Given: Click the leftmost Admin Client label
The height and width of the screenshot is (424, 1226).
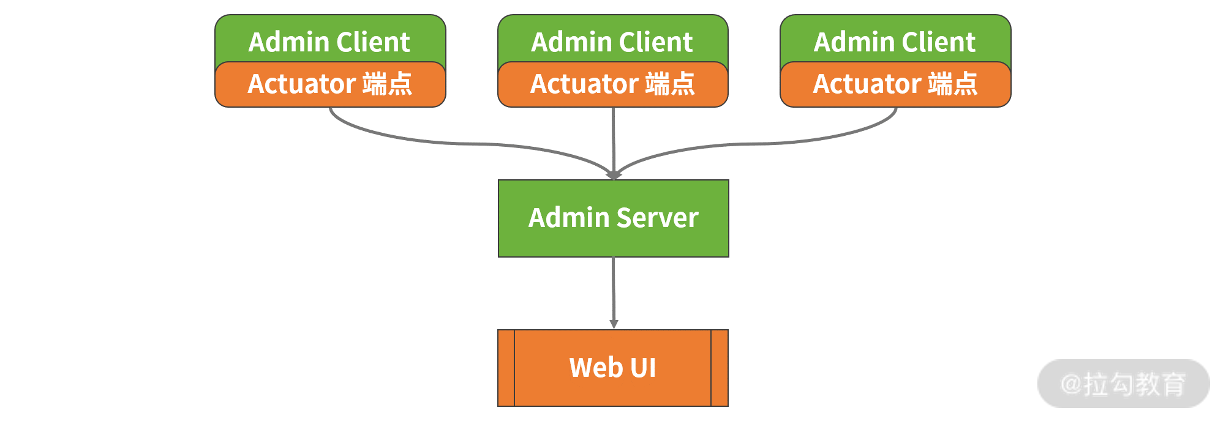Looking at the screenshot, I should pos(329,42).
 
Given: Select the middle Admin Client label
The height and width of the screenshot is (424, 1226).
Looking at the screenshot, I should pos(612,42).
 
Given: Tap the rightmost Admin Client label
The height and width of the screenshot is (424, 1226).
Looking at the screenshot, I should pos(895,42).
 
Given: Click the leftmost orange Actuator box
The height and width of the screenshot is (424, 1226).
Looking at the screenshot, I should pos(330,84).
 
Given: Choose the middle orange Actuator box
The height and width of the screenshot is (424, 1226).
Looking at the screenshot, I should pos(613,84).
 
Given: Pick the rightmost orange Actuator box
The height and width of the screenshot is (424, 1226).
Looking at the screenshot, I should pos(895,84).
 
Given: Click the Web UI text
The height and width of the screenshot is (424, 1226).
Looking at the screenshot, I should pos(612,368).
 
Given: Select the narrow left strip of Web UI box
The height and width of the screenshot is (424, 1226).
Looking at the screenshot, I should pos(506,368).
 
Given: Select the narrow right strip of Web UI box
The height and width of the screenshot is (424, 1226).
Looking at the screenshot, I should pos(720,368).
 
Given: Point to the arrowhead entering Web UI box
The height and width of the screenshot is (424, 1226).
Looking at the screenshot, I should pos(614,324).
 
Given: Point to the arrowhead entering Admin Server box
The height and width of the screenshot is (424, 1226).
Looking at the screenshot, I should pos(614,175).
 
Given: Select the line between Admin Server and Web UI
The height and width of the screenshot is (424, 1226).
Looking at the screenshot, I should pos(614,288).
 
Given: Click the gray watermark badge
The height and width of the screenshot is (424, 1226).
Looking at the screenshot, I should pos(1123,384).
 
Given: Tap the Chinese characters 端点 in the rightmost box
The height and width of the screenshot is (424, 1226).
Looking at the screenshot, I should pos(953,84).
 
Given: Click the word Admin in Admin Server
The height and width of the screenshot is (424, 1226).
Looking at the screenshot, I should pos(568,218).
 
